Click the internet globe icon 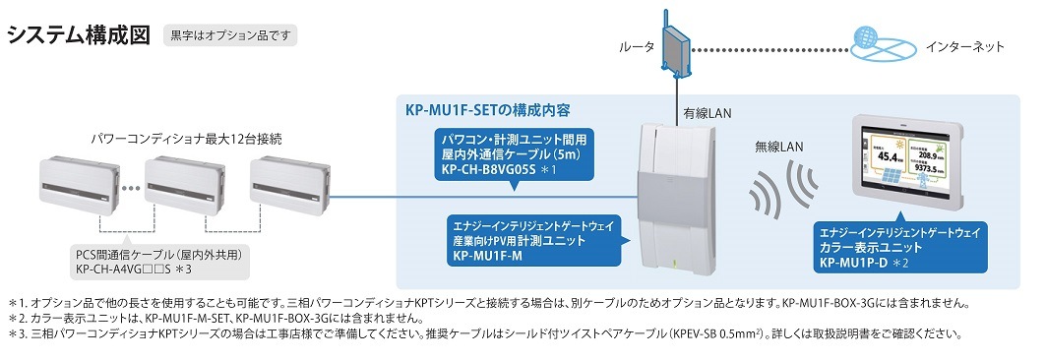(x=883, y=47)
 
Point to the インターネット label (x=965, y=47)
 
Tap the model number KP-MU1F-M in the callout (x=488, y=255)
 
